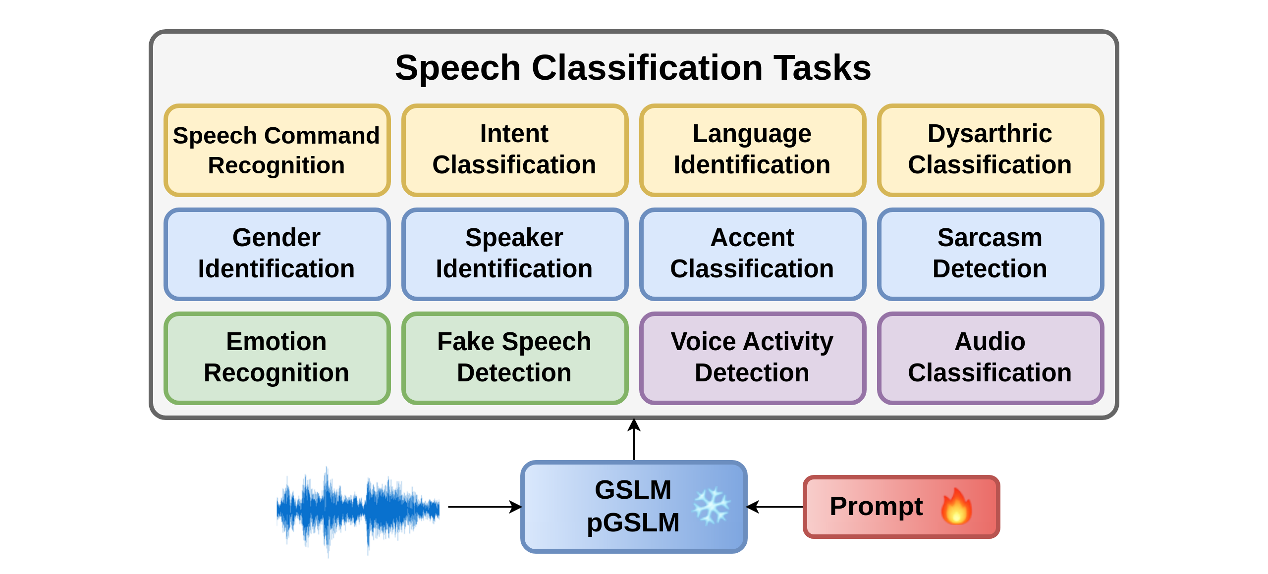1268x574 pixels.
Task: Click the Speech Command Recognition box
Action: pyautogui.click(x=277, y=150)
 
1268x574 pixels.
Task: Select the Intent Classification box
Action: pyautogui.click(x=515, y=150)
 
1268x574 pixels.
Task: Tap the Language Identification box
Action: pyautogui.click(x=753, y=150)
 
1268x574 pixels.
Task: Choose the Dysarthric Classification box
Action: pyautogui.click(x=991, y=150)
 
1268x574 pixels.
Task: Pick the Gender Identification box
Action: pyautogui.click(x=277, y=254)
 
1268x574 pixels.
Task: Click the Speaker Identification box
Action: pyautogui.click(x=515, y=254)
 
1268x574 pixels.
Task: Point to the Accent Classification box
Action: pyautogui.click(x=753, y=254)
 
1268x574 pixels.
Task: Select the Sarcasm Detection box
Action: pyautogui.click(x=991, y=254)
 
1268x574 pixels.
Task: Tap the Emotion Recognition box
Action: pyautogui.click(x=277, y=358)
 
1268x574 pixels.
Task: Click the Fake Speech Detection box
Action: pyautogui.click(x=515, y=358)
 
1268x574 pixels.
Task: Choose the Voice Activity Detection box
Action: pyautogui.click(x=753, y=358)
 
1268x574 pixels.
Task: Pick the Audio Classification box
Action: pyautogui.click(x=991, y=358)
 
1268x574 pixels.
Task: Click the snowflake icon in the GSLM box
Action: pyautogui.click(x=712, y=506)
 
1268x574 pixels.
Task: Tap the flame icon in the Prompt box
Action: pyautogui.click(x=956, y=506)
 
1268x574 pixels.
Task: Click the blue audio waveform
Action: pyautogui.click(x=358, y=510)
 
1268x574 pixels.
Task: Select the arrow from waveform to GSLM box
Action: pyautogui.click(x=485, y=507)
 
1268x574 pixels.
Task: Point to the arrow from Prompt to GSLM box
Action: pyautogui.click(x=774, y=507)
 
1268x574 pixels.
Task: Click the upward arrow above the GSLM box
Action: pyautogui.click(x=634, y=440)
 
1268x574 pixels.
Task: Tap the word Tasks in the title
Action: pyautogui.click(x=822, y=68)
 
